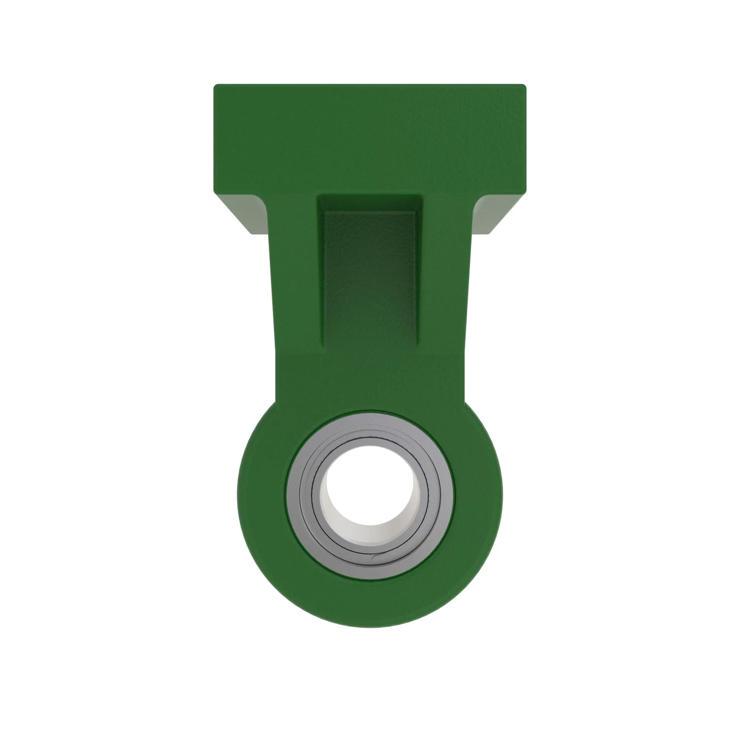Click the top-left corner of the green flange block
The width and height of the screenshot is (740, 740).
[x=215, y=86]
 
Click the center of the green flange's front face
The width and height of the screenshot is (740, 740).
[x=370, y=138]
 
